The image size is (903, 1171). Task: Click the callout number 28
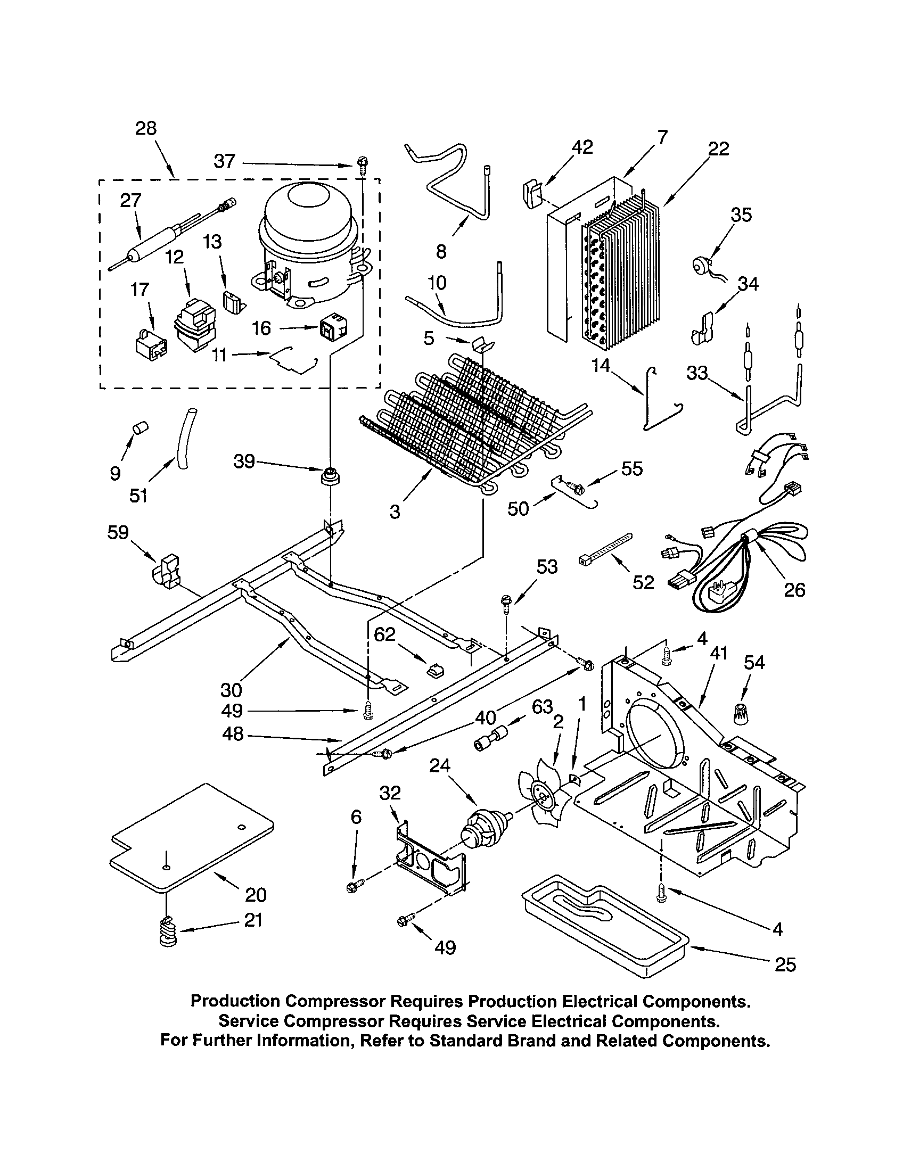click(x=146, y=128)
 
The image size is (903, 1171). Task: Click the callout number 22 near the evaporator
click(x=719, y=149)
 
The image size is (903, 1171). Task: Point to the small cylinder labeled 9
click(x=140, y=428)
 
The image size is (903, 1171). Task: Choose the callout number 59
click(x=118, y=532)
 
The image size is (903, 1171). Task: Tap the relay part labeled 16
click(x=328, y=328)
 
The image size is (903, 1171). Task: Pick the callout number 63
click(x=542, y=707)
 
